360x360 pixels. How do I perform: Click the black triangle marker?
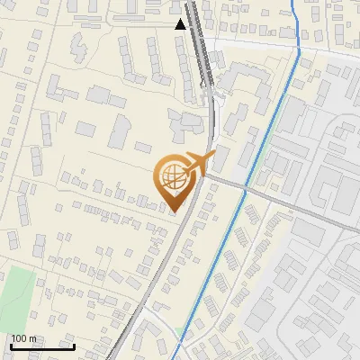pos(181,24)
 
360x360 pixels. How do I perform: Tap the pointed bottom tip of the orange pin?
pos(173,211)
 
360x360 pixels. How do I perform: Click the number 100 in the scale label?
pos(18,338)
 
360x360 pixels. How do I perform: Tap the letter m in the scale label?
pos(31,338)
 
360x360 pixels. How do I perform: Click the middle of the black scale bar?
pos(42,346)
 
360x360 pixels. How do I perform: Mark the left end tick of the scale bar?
pos(11,346)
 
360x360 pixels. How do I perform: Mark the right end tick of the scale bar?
pos(74,346)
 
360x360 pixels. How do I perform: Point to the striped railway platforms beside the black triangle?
pos(202,45)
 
